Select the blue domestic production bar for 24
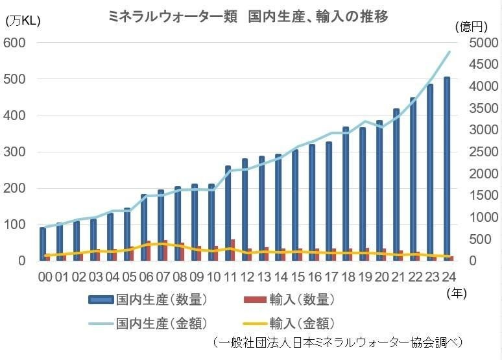click(x=447, y=169)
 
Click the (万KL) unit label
click(x=23, y=21)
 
